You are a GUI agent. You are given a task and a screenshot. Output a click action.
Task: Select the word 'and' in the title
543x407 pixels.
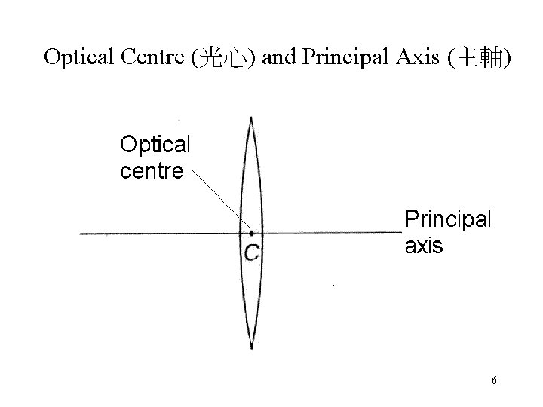[280, 58]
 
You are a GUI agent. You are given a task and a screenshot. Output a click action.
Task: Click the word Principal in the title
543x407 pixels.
[339, 59]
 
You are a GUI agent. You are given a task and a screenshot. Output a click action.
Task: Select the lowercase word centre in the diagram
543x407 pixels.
[151, 170]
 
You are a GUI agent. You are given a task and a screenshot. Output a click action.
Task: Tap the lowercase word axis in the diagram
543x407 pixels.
[424, 246]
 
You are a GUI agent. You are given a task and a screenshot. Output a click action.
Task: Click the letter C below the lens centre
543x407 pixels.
[251, 252]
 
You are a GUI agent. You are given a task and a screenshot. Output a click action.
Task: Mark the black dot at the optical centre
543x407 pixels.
[251, 234]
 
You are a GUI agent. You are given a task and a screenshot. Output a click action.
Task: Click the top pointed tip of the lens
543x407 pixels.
[250, 117]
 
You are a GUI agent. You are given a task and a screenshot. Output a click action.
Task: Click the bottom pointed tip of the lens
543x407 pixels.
[251, 347]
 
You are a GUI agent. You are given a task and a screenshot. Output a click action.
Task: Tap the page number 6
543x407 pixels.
[494, 381]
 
